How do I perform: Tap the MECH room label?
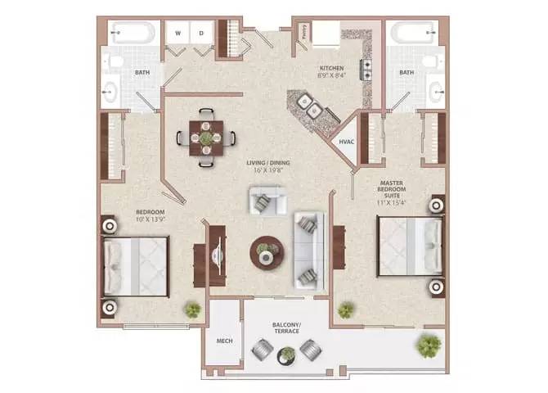[x=222, y=341]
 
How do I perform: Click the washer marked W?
[x=177, y=34]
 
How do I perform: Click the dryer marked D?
[x=201, y=34]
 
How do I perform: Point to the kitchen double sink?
[x=310, y=105]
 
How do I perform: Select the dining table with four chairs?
[x=205, y=138]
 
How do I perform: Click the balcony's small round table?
[x=286, y=355]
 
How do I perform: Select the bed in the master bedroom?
[x=407, y=246]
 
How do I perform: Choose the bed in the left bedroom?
[x=136, y=266]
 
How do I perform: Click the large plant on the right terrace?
[x=429, y=346]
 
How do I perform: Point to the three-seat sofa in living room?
[x=309, y=248]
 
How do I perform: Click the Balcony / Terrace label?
[x=287, y=329]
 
